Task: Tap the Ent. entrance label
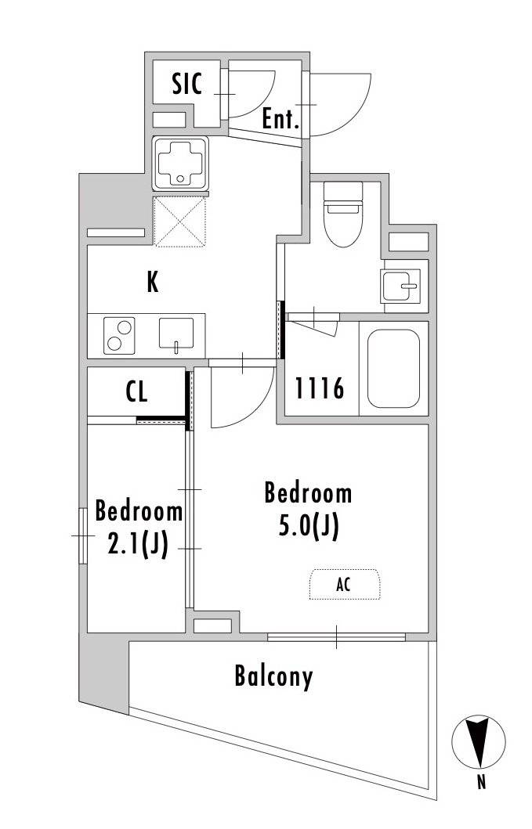(x=281, y=119)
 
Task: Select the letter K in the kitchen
(x=153, y=283)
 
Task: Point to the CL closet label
(x=136, y=391)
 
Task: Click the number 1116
(x=319, y=388)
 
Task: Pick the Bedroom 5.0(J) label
(x=308, y=510)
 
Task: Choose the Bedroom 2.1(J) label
(x=139, y=528)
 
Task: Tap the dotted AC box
(x=345, y=584)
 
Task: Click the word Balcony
(x=273, y=677)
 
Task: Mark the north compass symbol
(x=479, y=741)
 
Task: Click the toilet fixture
(x=343, y=214)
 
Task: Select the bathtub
(x=394, y=369)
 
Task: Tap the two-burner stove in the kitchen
(x=119, y=336)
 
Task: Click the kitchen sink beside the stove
(x=176, y=334)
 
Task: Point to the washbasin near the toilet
(x=400, y=286)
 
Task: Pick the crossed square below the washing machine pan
(x=180, y=222)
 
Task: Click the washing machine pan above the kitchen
(x=180, y=164)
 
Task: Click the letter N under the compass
(x=481, y=782)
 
